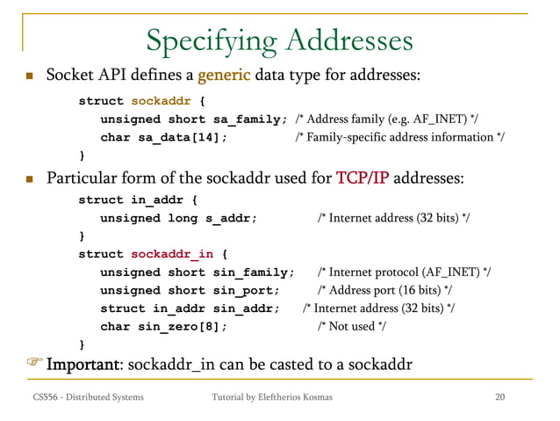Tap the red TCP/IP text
(363, 180)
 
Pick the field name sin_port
(247, 290)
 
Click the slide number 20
(500, 398)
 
